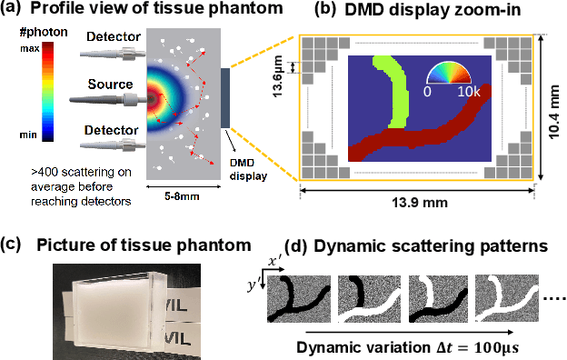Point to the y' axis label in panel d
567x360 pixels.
(x=254, y=282)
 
